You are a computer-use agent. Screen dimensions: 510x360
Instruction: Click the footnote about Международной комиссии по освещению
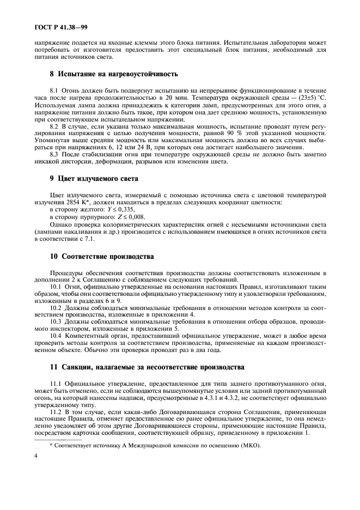(x=155, y=445)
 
